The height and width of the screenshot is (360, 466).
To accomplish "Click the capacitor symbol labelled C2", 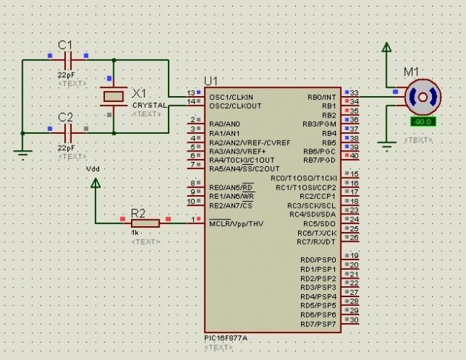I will [x=68, y=133].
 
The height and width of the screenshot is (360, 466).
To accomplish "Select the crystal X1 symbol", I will [x=113, y=96].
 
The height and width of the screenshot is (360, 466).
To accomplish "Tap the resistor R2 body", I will [x=145, y=223].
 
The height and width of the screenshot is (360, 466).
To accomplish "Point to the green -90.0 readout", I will [x=422, y=120].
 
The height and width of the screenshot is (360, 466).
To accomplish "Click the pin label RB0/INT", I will [x=321, y=97].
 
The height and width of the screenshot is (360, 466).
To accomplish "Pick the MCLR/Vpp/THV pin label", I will [x=236, y=223].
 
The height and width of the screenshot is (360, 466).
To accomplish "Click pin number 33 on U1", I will [x=354, y=92].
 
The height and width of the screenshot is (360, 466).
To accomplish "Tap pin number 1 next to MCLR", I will [x=194, y=219].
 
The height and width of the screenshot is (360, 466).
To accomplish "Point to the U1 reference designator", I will [x=212, y=81].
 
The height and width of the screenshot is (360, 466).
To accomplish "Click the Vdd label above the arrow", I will [x=93, y=169].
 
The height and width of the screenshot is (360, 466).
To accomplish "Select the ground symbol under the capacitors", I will [x=23, y=154].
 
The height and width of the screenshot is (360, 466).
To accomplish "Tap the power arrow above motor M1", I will [x=385, y=48].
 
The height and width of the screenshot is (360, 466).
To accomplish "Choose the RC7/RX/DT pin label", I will [x=317, y=242].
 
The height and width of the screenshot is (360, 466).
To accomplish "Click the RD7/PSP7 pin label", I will [x=318, y=324].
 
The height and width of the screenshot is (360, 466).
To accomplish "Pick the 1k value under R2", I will [x=136, y=233].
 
